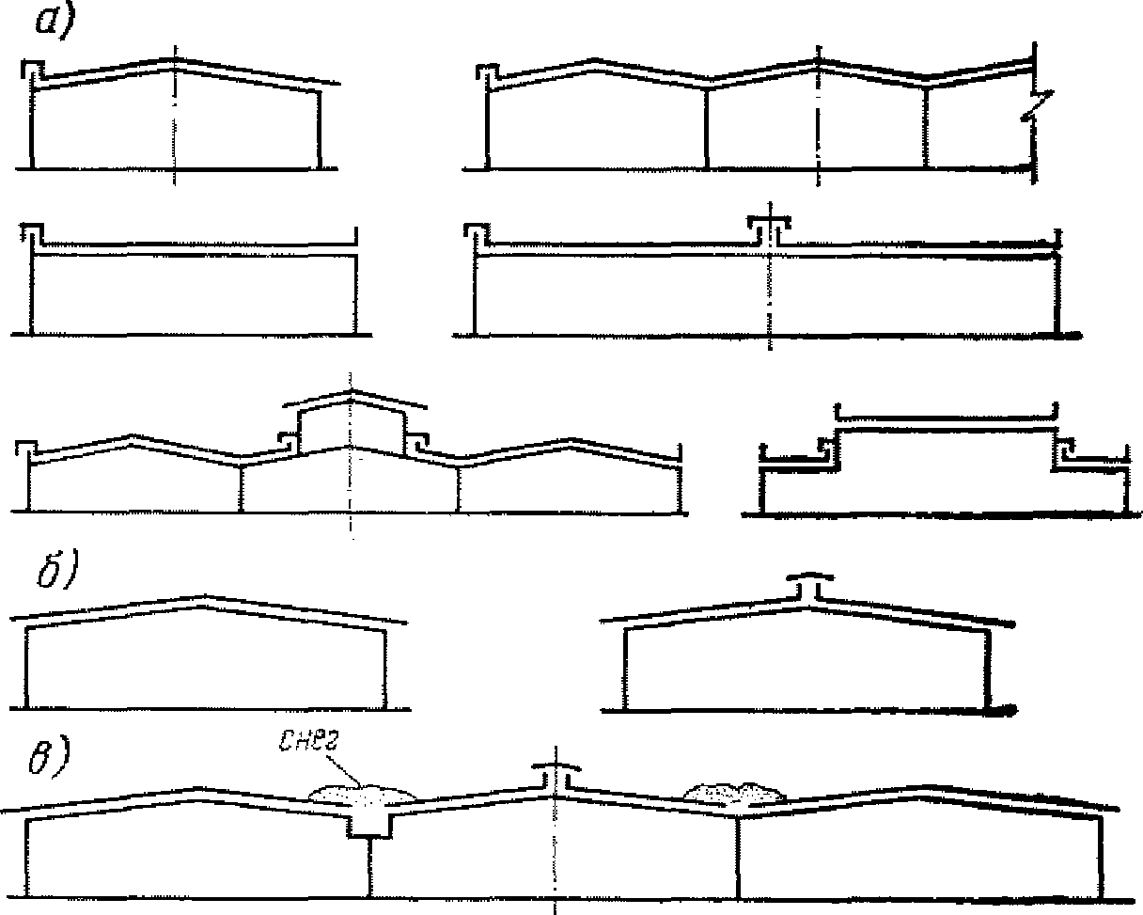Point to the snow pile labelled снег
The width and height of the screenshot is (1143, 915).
click(x=363, y=796)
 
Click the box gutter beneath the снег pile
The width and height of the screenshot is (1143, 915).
click(x=368, y=822)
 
